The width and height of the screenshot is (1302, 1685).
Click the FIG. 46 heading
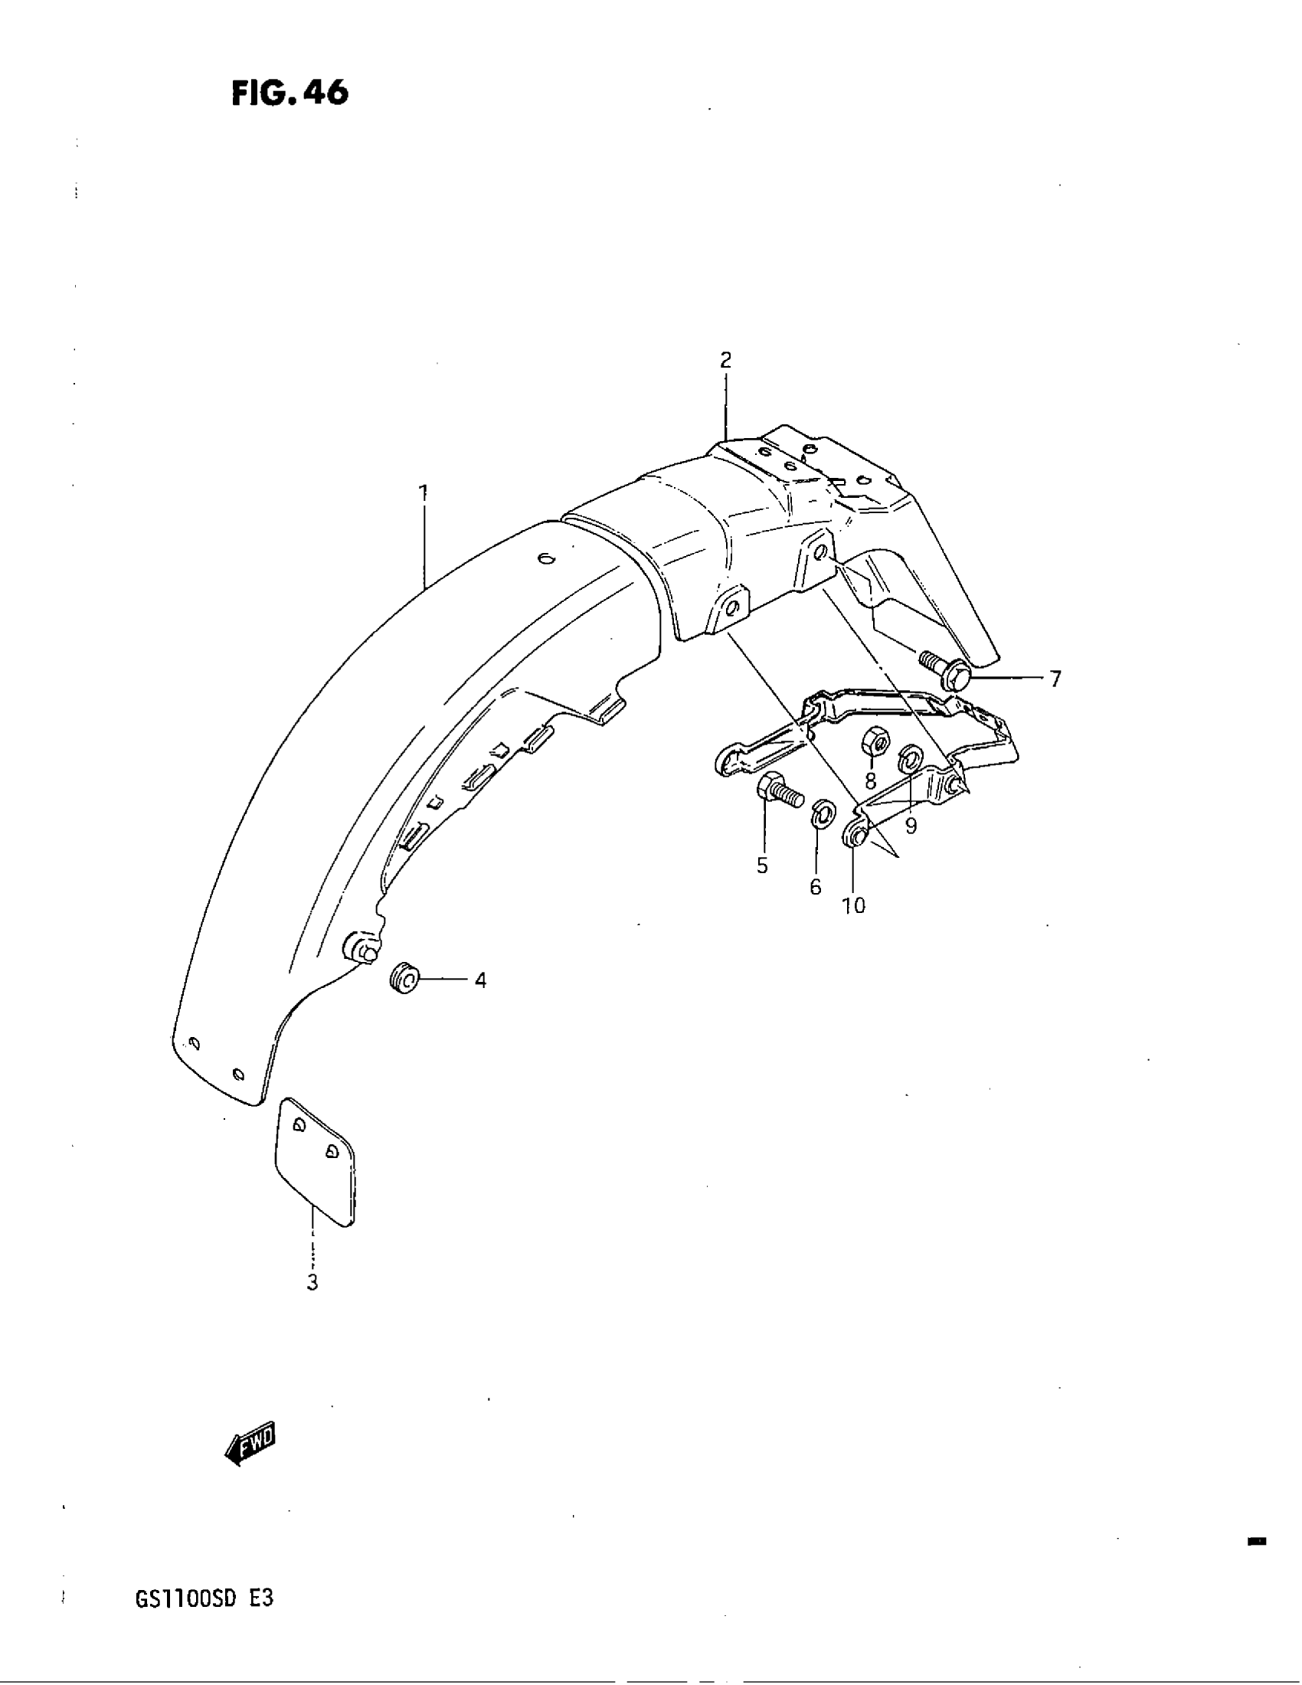pyautogui.click(x=290, y=93)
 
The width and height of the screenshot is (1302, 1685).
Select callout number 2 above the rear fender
pyautogui.click(x=725, y=359)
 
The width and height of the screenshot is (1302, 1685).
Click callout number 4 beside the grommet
pyautogui.click(x=479, y=980)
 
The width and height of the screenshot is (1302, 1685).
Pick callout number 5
pyautogui.click(x=762, y=865)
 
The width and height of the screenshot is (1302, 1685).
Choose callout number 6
pyautogui.click(x=816, y=887)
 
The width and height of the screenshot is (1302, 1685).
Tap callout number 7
pyautogui.click(x=1055, y=679)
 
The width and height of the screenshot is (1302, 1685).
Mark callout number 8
pyautogui.click(x=870, y=781)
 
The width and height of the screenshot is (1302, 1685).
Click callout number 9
pyautogui.click(x=911, y=826)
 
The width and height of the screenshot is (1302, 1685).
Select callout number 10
pyautogui.click(x=853, y=905)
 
